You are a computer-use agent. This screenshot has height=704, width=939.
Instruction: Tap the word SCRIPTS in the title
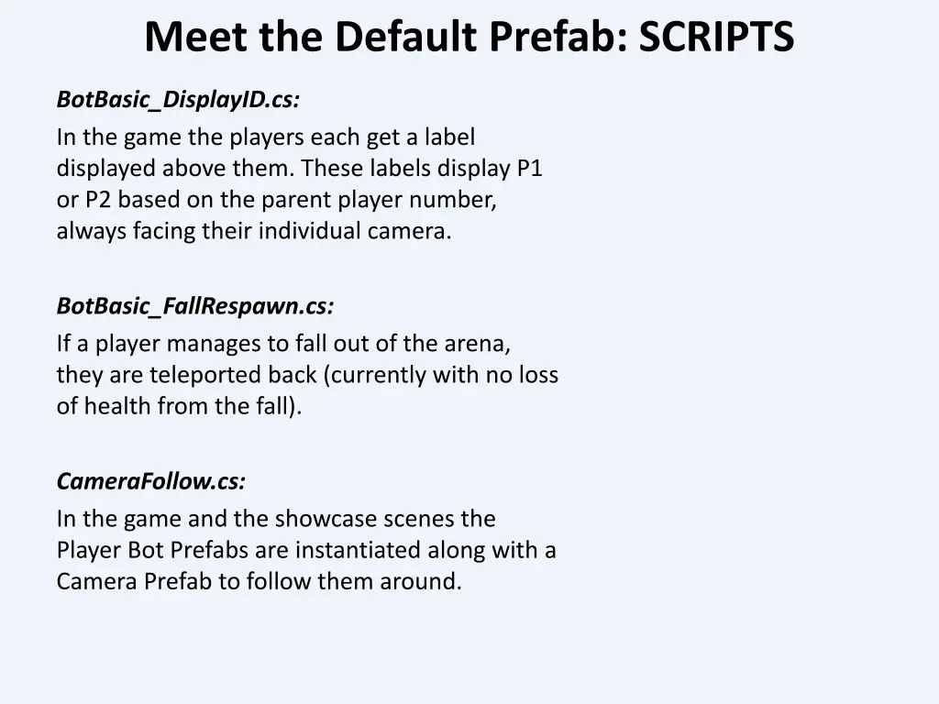716,38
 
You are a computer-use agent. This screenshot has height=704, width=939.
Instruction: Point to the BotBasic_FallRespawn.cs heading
195,306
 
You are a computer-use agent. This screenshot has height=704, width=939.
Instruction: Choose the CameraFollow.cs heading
151,481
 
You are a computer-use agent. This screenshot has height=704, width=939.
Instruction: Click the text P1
530,169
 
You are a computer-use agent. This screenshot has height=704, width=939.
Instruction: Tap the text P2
95,200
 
